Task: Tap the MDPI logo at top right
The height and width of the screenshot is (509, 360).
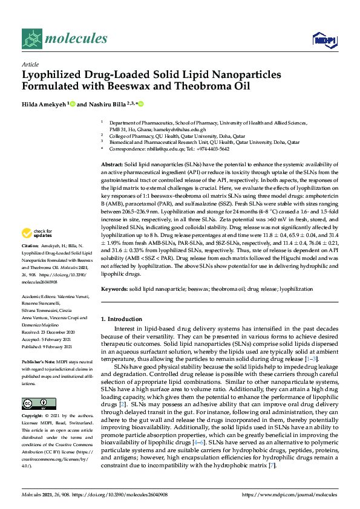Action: click(x=323, y=40)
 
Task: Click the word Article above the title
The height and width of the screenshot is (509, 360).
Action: click(x=30, y=64)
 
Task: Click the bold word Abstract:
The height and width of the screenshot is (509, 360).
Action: click(x=112, y=164)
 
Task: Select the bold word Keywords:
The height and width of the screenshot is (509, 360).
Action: click(x=114, y=290)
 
